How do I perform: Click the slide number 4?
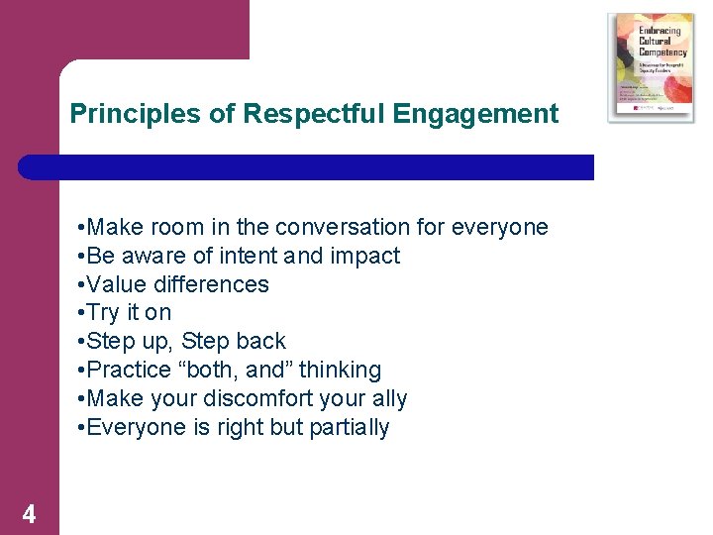tap(30, 514)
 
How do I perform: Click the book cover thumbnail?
tap(651, 67)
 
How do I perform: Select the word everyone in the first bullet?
tap(500, 227)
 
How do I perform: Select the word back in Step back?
tap(261, 342)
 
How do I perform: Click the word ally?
tap(389, 398)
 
